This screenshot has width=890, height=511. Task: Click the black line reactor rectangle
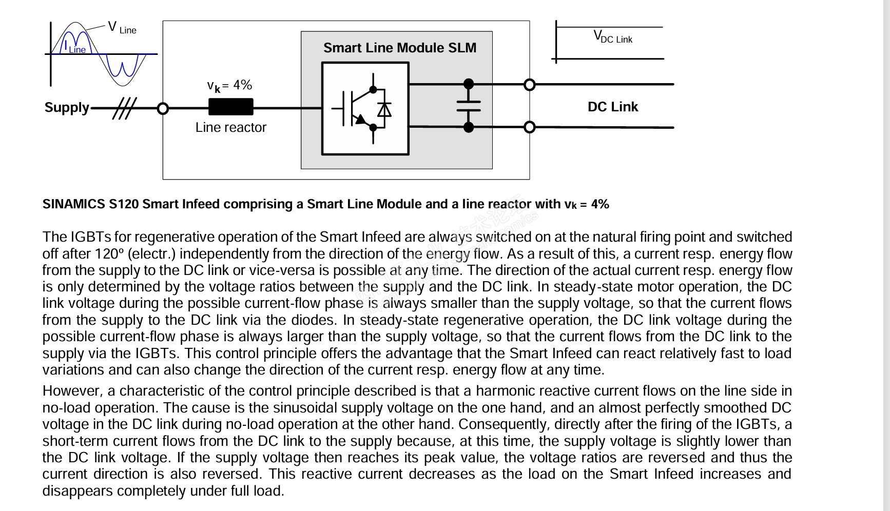[x=230, y=107]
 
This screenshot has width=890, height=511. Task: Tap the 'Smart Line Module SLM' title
[x=400, y=48]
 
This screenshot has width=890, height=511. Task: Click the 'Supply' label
[x=67, y=108]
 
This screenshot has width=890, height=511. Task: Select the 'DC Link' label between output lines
[x=612, y=107]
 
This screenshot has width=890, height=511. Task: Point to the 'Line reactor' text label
[x=231, y=127]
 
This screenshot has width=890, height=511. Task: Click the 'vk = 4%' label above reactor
[x=229, y=85]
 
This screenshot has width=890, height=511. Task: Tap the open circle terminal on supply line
[x=163, y=108]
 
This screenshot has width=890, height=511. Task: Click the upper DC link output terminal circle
[x=529, y=85]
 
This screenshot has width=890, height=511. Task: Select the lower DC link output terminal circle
[x=529, y=127]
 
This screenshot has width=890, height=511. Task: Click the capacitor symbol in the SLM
[x=469, y=106]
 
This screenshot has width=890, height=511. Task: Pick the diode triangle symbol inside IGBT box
[x=384, y=110]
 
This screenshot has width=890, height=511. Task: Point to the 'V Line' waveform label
[x=122, y=28]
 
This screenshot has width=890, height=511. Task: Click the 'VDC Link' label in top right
[x=613, y=37]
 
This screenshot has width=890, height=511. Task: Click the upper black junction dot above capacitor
[x=469, y=84]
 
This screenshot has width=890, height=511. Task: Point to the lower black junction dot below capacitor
[x=469, y=127]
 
